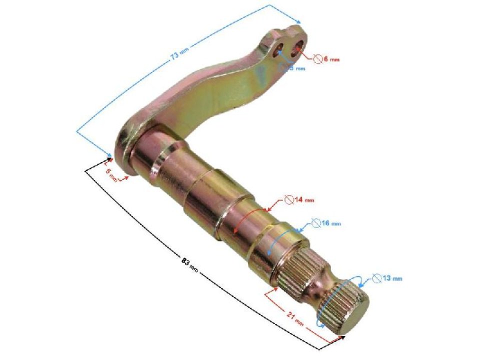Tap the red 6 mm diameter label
[x=330, y=59]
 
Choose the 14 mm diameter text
[x=303, y=200]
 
